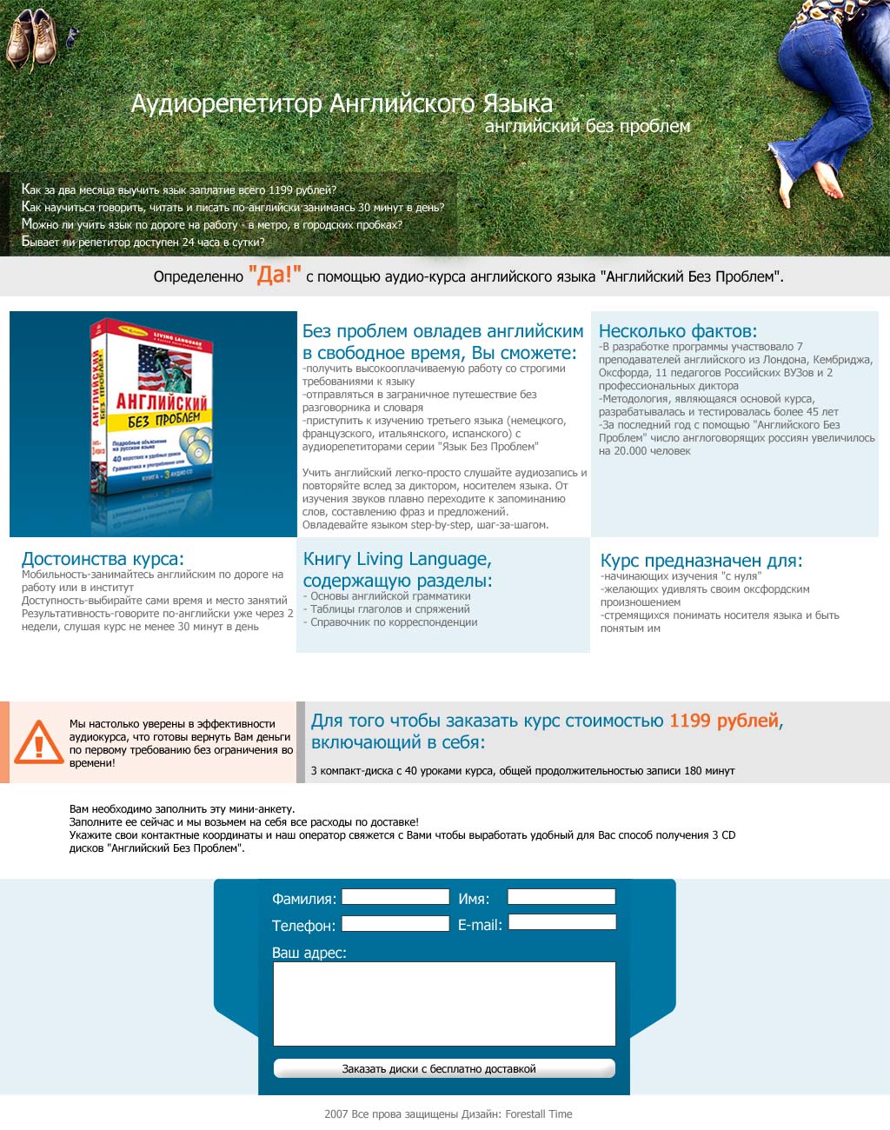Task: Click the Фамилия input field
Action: pos(395,897)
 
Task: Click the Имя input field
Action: pos(561,897)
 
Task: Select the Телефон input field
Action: pos(395,924)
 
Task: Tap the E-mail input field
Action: pos(562,922)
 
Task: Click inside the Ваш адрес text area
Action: pos(444,1003)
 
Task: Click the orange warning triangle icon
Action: pos(37,742)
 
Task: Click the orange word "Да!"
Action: pos(275,276)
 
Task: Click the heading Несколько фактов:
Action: pos(678,331)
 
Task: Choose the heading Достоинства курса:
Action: pos(103,559)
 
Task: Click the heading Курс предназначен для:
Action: pos(701,561)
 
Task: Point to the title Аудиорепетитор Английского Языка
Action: pos(342,104)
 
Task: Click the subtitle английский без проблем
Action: pos(588,127)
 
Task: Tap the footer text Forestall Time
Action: pos(539,1114)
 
